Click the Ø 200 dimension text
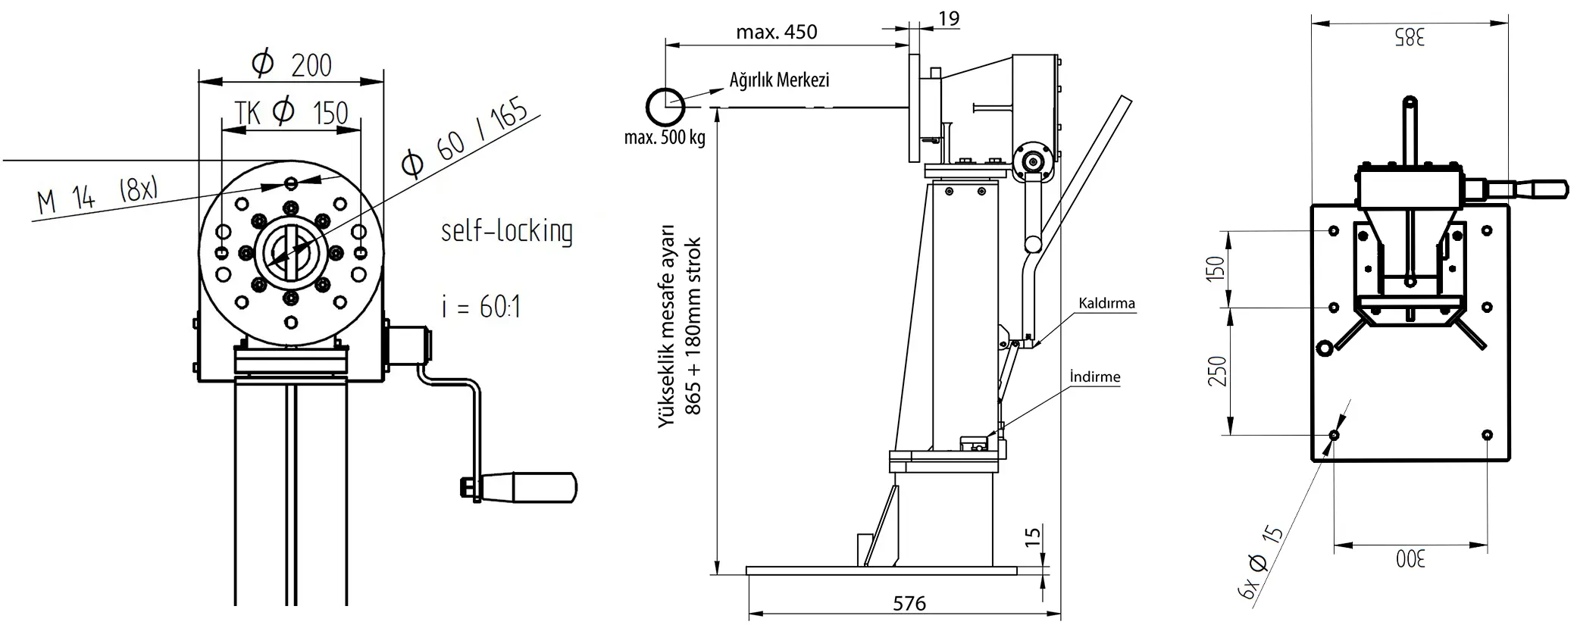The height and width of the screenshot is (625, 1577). [292, 64]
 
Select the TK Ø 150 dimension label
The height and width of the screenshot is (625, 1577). [292, 113]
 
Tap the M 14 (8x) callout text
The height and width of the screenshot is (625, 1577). [97, 195]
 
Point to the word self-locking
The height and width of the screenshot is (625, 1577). [506, 231]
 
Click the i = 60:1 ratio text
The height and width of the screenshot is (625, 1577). [481, 307]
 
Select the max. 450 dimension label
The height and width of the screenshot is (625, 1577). [777, 32]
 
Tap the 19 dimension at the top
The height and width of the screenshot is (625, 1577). [949, 18]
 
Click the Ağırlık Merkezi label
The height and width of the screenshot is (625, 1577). [779, 80]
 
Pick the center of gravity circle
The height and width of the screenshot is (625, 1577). [665, 106]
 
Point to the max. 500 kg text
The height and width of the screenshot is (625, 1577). [665, 138]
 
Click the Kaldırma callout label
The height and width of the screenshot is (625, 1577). [1107, 304]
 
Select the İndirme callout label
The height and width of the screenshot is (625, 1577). [1094, 377]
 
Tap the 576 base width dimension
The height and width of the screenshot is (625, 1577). [909, 603]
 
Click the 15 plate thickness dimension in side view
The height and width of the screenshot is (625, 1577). [1032, 537]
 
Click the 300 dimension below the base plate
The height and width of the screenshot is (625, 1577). [1410, 560]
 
